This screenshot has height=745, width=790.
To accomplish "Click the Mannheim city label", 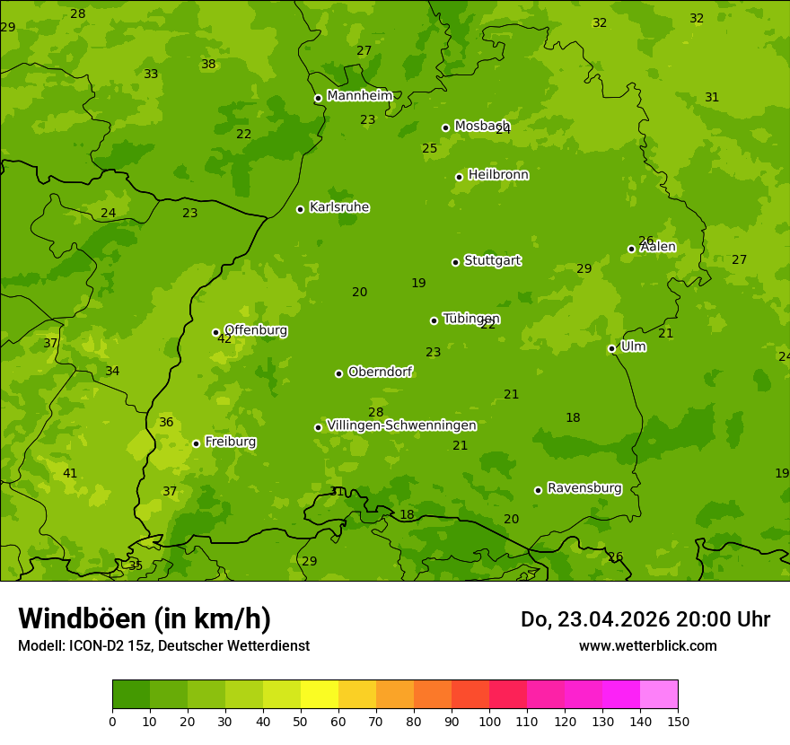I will [359, 96].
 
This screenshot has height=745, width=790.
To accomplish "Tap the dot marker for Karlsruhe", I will [300, 209].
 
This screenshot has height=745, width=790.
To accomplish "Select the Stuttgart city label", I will [492, 261].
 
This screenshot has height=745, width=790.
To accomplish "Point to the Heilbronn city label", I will [498, 175].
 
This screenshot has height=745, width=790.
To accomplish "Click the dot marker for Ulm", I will [611, 348].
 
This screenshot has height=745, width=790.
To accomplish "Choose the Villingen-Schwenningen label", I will [401, 425].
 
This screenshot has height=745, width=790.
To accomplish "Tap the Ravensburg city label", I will [584, 488].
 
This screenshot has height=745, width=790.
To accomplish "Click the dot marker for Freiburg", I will [196, 443].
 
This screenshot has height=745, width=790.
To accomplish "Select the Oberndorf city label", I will [380, 372].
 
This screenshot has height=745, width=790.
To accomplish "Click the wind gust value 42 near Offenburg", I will [224, 339].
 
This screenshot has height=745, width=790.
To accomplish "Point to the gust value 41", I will [70, 473].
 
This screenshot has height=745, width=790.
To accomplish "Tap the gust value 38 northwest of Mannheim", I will [208, 64].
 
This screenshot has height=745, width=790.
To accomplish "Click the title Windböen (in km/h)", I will [145, 618].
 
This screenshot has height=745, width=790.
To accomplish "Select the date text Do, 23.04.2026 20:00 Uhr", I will [645, 619].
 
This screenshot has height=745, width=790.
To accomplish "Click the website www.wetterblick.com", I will [647, 645].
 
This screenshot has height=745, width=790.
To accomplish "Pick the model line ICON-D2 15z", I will [163, 645].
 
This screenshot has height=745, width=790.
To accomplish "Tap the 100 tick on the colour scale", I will [489, 721].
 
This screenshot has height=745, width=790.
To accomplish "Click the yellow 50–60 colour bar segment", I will [320, 694].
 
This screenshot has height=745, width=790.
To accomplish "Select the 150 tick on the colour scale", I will [678, 721].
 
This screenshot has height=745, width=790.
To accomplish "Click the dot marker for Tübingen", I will [434, 320].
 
